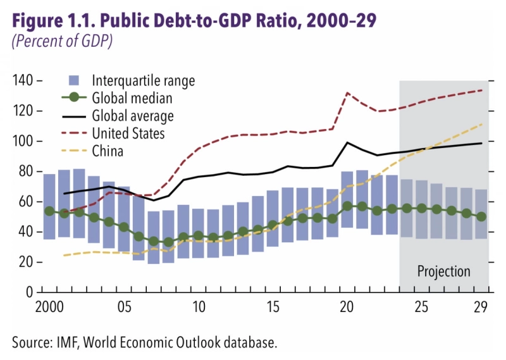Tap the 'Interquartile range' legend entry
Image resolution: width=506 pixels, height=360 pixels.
pyautogui.click(x=143, y=80)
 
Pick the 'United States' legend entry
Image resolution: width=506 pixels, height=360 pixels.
pyautogui.click(x=128, y=133)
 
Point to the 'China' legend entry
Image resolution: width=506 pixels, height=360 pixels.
pyautogui.click(x=108, y=151)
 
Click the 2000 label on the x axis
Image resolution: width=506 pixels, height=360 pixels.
pyautogui.click(x=49, y=307)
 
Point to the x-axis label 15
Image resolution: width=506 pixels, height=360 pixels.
pyautogui.click(x=273, y=307)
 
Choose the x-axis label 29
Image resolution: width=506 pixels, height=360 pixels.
pyautogui.click(x=481, y=307)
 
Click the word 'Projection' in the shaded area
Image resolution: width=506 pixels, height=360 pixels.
pyautogui.click(x=443, y=271)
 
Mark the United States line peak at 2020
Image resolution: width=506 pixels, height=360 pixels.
pyautogui.click(x=347, y=93)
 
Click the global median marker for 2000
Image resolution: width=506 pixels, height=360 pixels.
pyautogui.click(x=49, y=211)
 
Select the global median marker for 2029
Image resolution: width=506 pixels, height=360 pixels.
pyautogui.click(x=481, y=216)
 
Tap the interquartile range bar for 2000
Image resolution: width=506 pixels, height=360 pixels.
pyautogui.click(x=49, y=206)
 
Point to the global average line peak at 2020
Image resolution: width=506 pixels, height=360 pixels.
pyautogui.click(x=347, y=142)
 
